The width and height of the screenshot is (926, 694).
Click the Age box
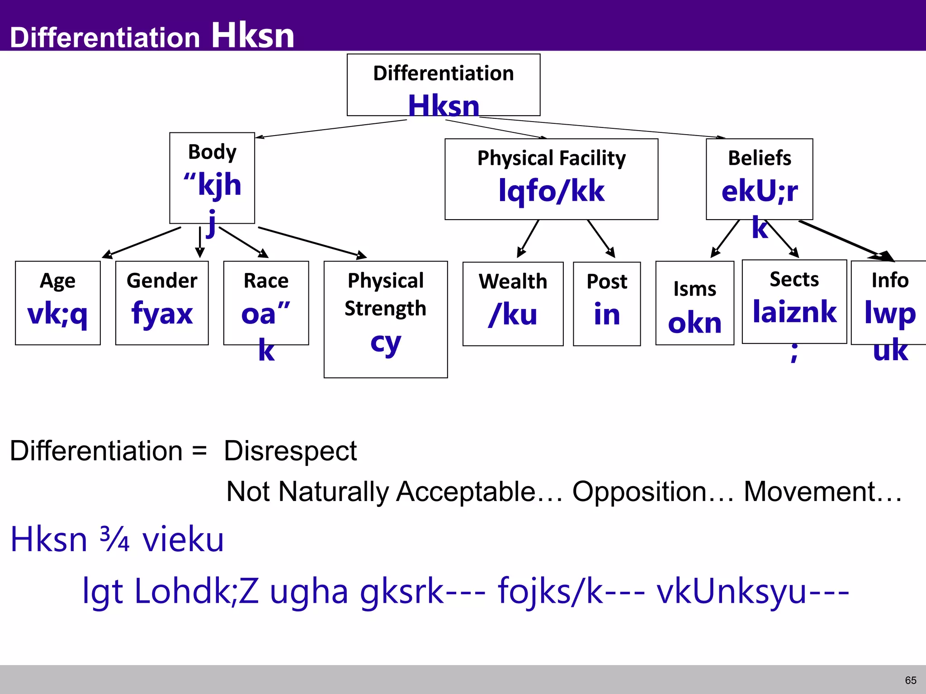coord(58,303)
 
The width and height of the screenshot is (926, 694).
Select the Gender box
coord(162,303)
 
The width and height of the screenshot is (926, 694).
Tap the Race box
coord(266,303)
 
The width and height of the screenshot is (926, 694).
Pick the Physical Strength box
coord(386,319)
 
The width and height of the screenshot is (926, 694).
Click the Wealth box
coord(513,304)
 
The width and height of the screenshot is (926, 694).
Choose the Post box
coord(607,304)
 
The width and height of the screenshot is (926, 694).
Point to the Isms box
coord(694,303)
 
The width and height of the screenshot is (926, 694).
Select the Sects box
coord(794,301)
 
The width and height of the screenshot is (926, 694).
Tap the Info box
coord(889,303)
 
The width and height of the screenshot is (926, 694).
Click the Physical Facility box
coord(551,179)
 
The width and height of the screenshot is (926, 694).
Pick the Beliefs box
coord(759,179)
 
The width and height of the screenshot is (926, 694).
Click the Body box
coord(212,178)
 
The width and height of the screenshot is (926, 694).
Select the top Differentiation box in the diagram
coord(443,85)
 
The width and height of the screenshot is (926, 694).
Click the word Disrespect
coord(290,451)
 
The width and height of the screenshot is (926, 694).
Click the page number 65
coord(911,680)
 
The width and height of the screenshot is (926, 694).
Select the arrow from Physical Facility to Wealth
coord(528,239)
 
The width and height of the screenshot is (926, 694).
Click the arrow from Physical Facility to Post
coord(601,239)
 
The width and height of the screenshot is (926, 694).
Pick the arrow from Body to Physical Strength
coord(312,242)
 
